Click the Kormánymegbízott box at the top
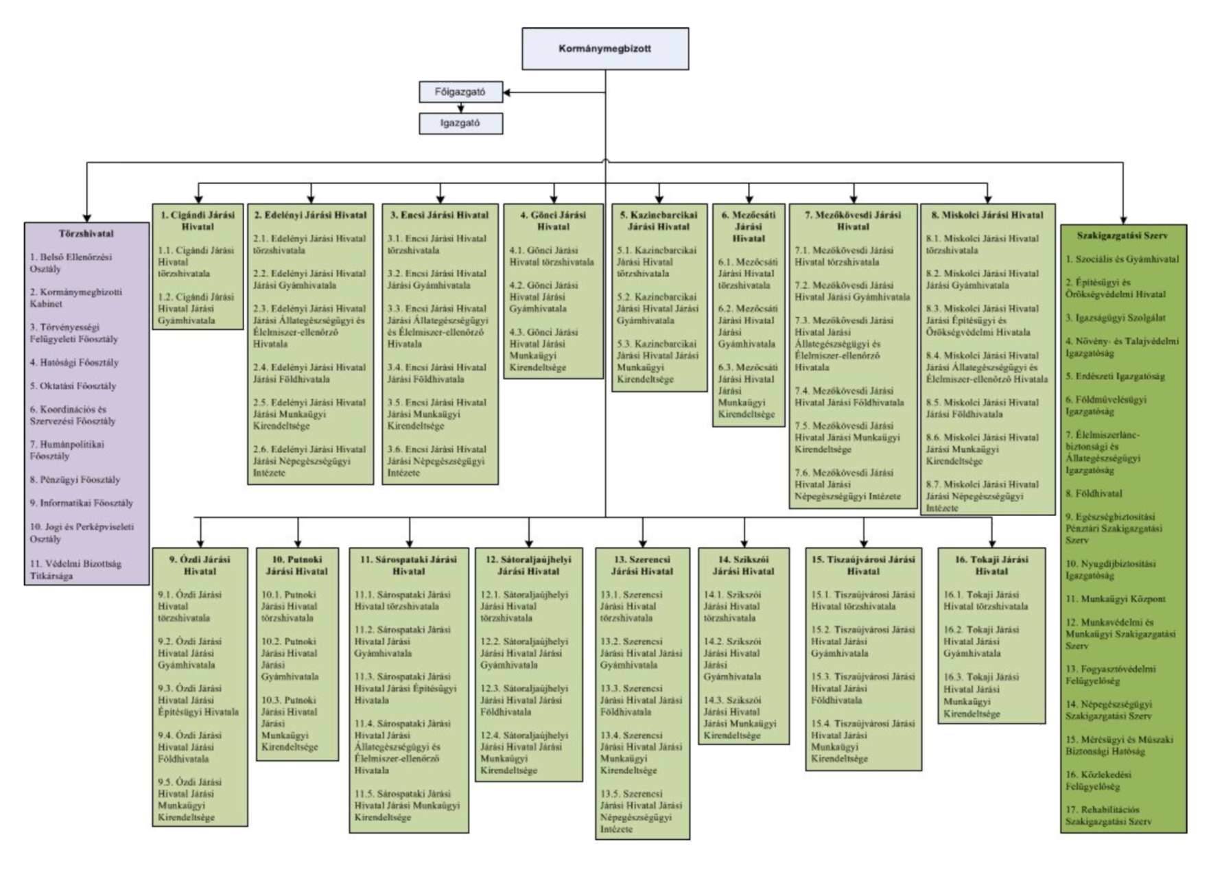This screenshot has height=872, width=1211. (x=604, y=49)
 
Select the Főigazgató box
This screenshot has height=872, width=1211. (x=460, y=92)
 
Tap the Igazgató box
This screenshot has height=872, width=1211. (x=460, y=123)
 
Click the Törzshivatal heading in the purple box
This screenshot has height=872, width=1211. (x=86, y=233)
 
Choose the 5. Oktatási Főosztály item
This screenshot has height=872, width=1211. (x=73, y=386)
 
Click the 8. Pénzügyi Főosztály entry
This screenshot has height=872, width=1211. (x=75, y=480)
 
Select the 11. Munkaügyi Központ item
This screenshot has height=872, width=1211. (x=1115, y=599)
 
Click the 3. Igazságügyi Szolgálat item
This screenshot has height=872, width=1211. (x=1115, y=318)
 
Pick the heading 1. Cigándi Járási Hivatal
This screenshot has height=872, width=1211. (x=198, y=220)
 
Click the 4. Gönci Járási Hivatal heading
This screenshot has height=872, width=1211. (x=553, y=220)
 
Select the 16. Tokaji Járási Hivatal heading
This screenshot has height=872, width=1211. (x=991, y=565)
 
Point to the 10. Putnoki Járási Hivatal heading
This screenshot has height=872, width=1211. (x=297, y=565)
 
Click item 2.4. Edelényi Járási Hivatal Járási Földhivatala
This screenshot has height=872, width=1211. (x=309, y=373)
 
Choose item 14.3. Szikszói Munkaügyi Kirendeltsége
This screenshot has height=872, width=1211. (x=740, y=718)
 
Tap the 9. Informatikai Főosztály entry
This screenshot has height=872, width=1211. (x=81, y=503)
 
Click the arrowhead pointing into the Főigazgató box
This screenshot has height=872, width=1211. (x=507, y=92)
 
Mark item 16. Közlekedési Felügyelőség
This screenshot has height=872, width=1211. (x=1098, y=780)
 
